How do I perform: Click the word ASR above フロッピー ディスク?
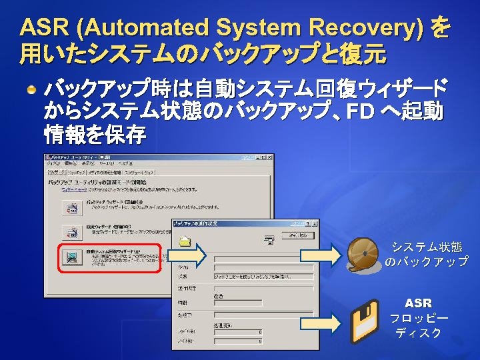[x=418, y=303]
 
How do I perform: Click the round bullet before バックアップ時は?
[x=31, y=89]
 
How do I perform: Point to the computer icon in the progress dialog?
[x=269, y=239]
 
